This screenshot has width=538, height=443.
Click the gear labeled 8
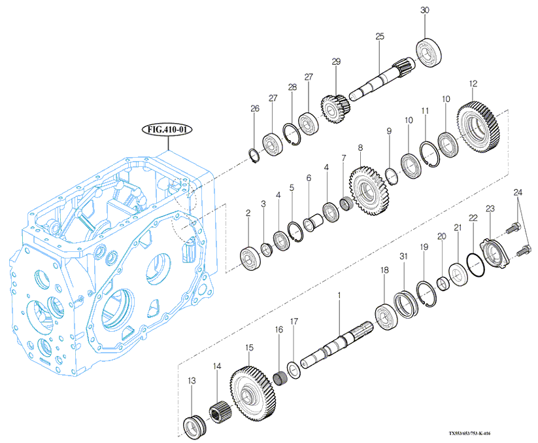(x=369, y=190)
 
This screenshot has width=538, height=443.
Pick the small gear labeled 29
(x=335, y=109)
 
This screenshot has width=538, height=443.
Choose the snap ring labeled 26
(x=256, y=154)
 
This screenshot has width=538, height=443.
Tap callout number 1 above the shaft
(x=339, y=296)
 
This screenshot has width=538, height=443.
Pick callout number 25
(x=379, y=37)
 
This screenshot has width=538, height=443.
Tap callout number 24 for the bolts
(x=518, y=193)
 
